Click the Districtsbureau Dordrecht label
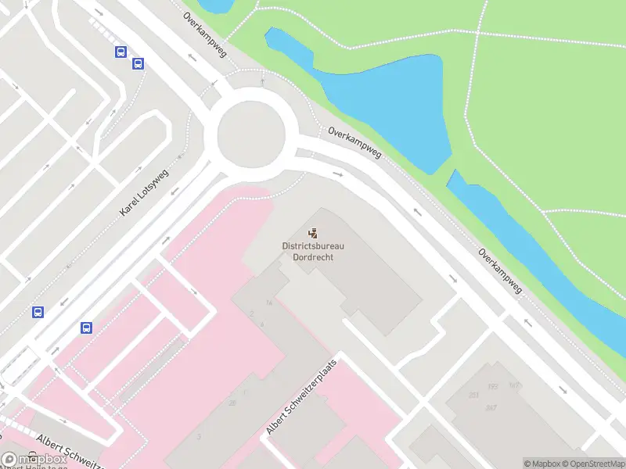click(313, 251)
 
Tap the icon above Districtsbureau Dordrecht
click(313, 232)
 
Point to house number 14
click(268, 303)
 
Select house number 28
click(232, 403)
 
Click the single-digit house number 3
click(200, 436)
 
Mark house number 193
click(492, 386)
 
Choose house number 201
click(474, 395)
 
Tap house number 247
click(491, 408)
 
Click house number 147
click(514, 385)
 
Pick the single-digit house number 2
click(252, 313)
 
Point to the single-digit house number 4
click(262, 324)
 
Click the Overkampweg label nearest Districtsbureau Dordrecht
click(354, 143)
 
